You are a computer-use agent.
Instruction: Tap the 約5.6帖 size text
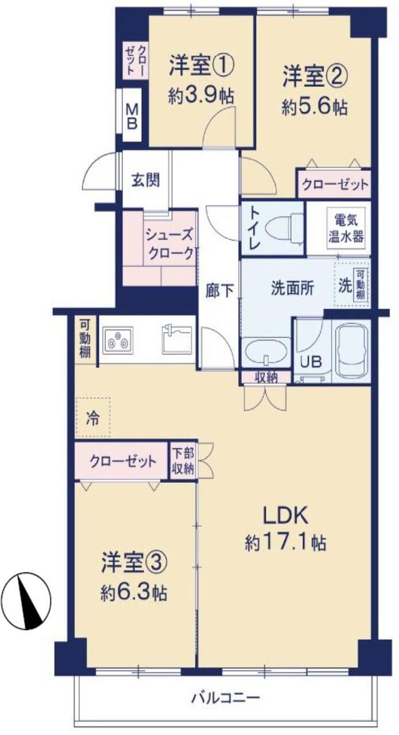[x=315, y=107]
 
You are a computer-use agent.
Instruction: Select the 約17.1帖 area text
[x=285, y=542]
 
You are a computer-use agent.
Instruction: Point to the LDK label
[x=286, y=515]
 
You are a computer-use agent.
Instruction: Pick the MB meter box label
[x=131, y=117]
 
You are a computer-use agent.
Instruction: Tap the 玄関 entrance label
[x=146, y=179]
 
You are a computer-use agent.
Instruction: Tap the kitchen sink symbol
[x=177, y=340]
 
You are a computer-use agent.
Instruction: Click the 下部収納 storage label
[x=183, y=461]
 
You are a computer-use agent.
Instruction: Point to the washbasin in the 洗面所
[x=266, y=353]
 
